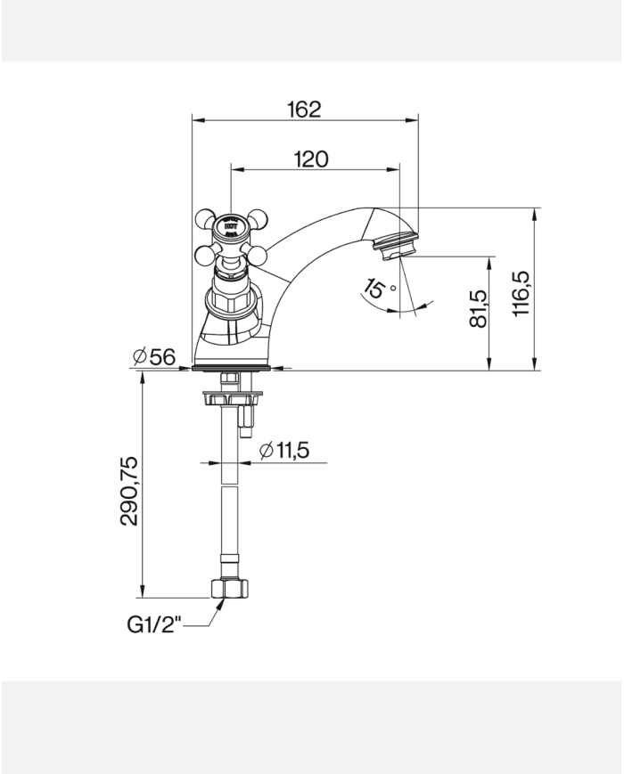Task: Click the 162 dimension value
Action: (x=304, y=110)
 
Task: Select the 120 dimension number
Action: (x=310, y=159)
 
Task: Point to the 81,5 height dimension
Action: (x=480, y=308)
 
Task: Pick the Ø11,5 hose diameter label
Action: (x=284, y=452)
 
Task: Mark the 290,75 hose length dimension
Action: (x=130, y=491)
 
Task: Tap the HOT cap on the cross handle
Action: (x=231, y=226)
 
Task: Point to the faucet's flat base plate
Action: (x=231, y=366)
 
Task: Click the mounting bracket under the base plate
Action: (x=229, y=397)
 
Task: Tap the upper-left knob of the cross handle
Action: (x=205, y=218)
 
